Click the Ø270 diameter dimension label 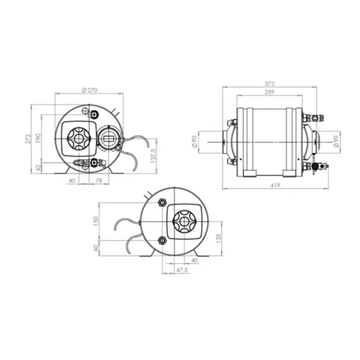pyautogui.click(x=90, y=90)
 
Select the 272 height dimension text pyautogui.click(x=28, y=139)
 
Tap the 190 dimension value pyautogui.click(x=38, y=138)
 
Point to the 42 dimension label pyautogui.click(x=38, y=167)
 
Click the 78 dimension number pyautogui.click(x=99, y=180)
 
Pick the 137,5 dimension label pyautogui.click(x=153, y=156)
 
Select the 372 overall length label pyautogui.click(x=269, y=84)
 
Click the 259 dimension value pyautogui.click(x=269, y=92)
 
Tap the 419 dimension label pyautogui.click(x=275, y=185)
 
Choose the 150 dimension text pyautogui.click(x=96, y=221)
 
